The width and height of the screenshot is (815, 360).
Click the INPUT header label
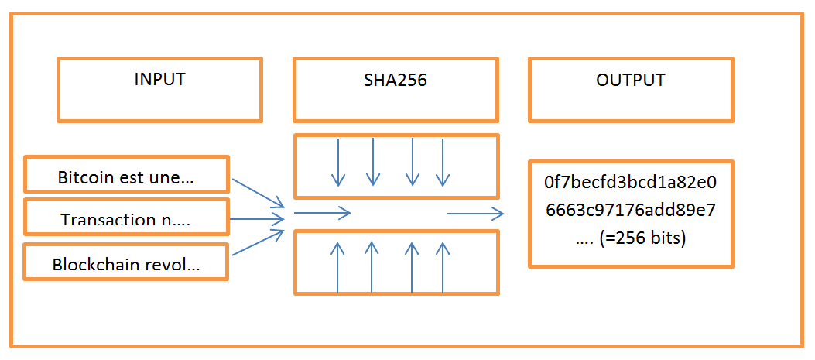159,80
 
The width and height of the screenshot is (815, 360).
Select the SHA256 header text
395,80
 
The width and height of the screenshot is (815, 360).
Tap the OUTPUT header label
630,80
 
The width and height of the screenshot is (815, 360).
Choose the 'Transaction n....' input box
127,220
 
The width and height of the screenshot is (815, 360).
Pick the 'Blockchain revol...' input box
127,264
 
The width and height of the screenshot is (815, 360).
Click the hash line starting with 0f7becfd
630,183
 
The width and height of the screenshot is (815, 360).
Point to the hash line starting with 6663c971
630,211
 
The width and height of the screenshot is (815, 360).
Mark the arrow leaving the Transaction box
258,220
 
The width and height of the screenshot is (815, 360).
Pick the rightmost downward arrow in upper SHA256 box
443,163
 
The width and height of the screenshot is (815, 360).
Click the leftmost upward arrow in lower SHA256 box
337,267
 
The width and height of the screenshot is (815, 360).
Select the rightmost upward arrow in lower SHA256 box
443,267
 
